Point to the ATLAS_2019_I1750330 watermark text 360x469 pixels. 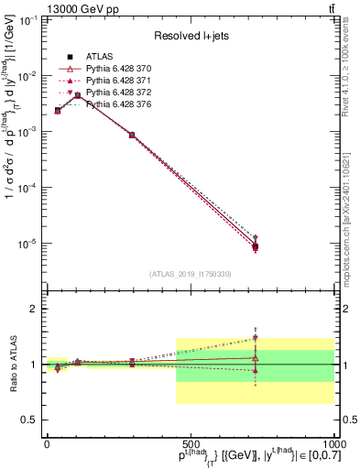pos(190,274)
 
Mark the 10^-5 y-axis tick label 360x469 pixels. pos(27,244)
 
